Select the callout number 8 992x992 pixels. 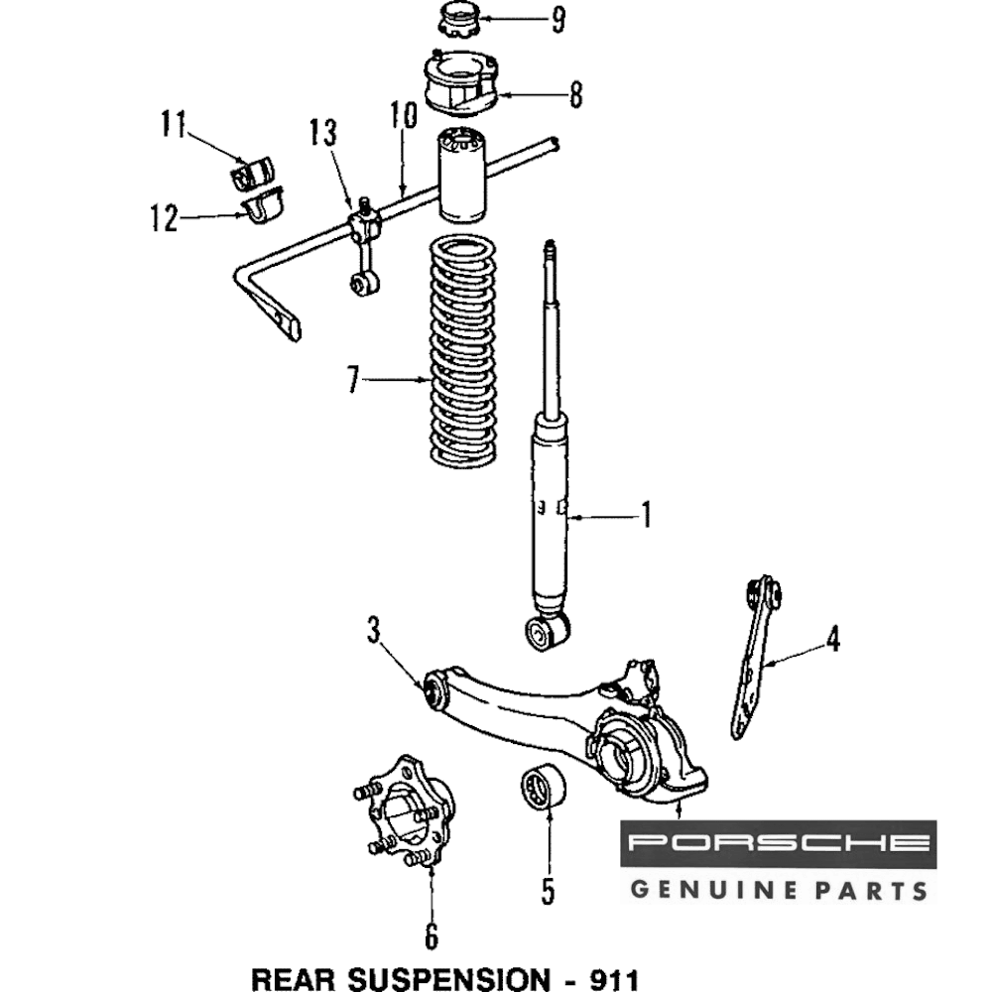pyautogui.click(x=574, y=96)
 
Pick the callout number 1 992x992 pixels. pyautogui.click(x=646, y=516)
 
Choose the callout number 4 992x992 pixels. pyautogui.click(x=833, y=640)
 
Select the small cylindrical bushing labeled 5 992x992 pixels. pyautogui.click(x=544, y=790)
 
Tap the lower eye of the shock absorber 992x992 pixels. pyautogui.click(x=547, y=631)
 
